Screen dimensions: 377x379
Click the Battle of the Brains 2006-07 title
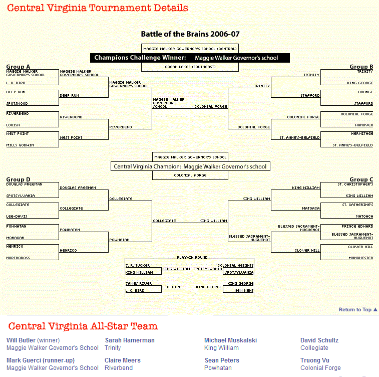tap(190, 34)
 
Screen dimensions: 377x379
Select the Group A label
tap(18, 67)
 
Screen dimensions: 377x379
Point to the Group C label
tap(361, 179)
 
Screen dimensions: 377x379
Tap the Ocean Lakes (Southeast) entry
tap(190, 67)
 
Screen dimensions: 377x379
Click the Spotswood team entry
tap(17, 103)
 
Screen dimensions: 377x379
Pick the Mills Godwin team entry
tap(20, 145)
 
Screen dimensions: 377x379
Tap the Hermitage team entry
tap(362, 134)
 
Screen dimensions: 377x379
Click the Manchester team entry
tap(360, 258)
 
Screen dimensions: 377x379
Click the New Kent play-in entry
tap(244, 290)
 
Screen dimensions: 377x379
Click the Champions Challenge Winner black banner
tap(190, 58)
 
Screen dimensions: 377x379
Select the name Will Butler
tap(21, 340)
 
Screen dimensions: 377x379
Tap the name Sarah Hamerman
tap(130, 340)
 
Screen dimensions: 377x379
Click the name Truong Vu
tap(314, 360)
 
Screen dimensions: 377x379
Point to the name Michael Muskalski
tap(230, 340)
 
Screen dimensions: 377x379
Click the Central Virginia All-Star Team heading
tap(83, 326)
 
